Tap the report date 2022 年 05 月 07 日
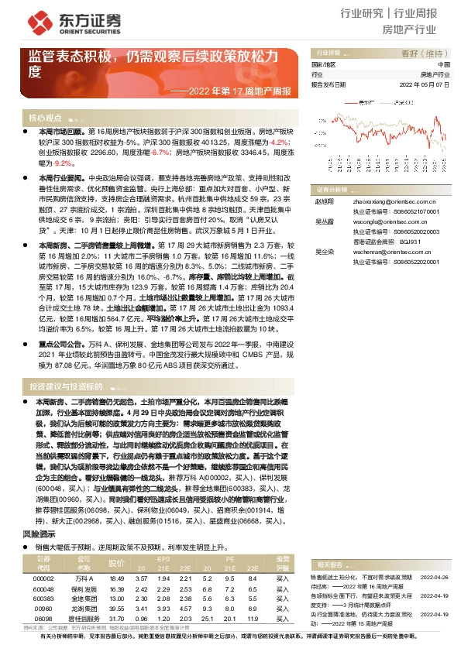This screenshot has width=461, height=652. point(424,84)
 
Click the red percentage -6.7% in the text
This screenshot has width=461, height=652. point(160,153)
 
